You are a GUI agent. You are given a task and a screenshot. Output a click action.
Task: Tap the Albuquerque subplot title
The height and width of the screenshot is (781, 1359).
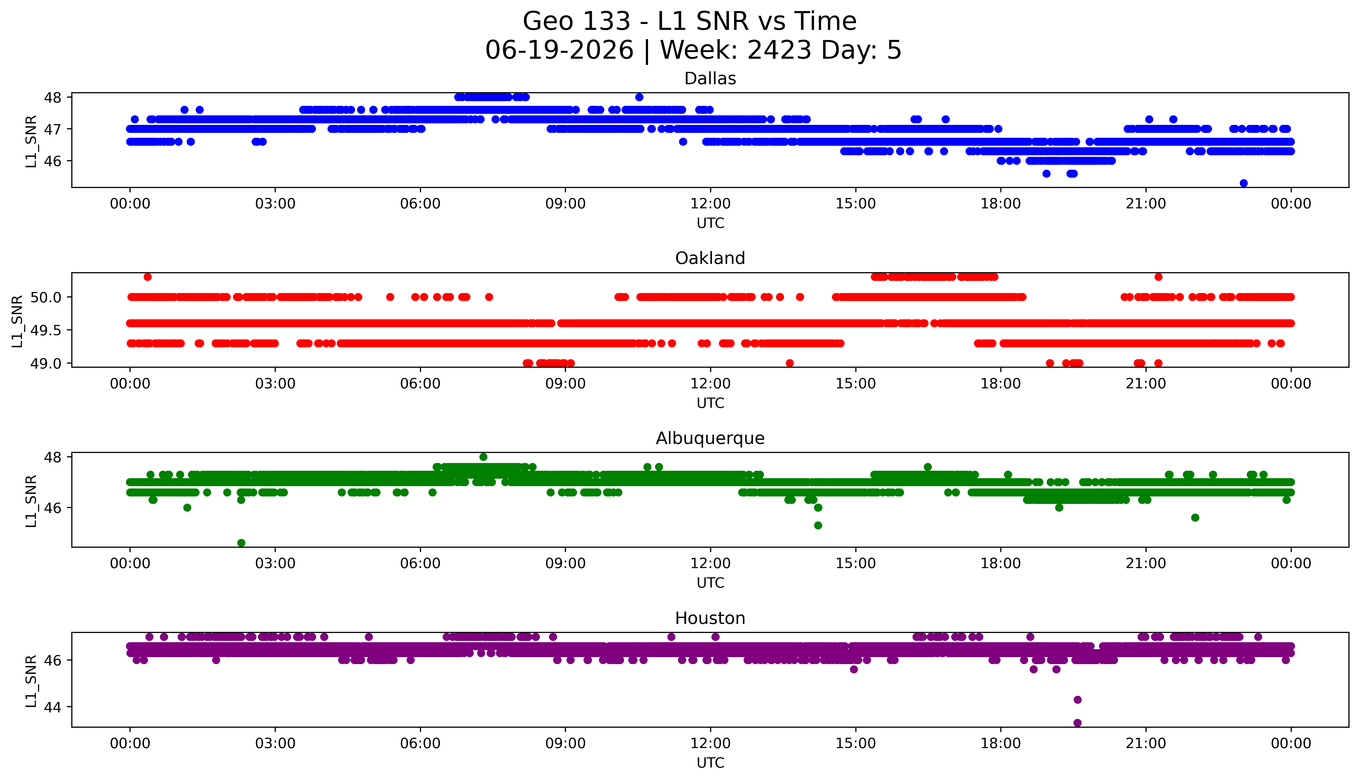pos(710,438)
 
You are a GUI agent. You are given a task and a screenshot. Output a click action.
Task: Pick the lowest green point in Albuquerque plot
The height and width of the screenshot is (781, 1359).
pos(241,543)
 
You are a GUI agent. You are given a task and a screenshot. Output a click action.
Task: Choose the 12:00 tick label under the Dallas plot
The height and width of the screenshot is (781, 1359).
pos(710,204)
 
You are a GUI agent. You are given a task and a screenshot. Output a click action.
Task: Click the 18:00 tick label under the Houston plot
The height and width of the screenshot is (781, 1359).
pos(1001,743)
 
